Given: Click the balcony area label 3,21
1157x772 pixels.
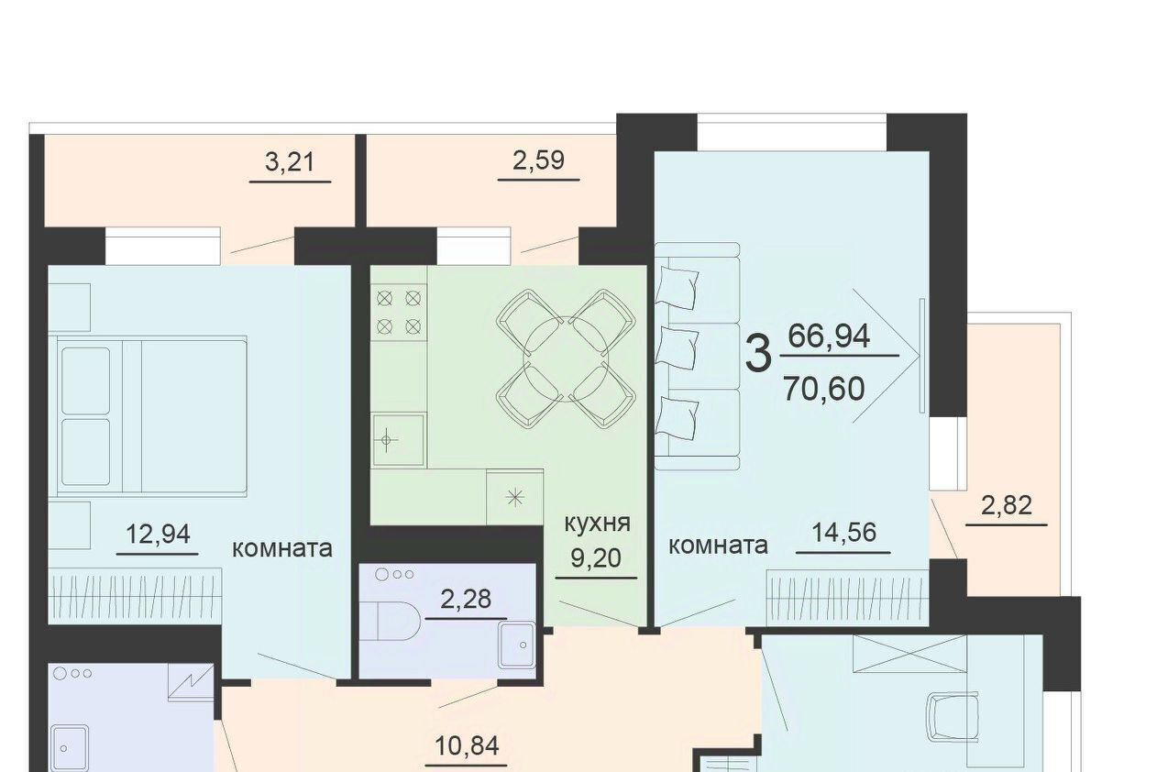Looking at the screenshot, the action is (290, 161).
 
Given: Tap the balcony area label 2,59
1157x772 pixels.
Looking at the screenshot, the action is (538, 160).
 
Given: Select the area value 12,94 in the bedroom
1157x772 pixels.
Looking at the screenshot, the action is (158, 534).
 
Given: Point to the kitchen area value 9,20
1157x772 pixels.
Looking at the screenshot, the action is (596, 557).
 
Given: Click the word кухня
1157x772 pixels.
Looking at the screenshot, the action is (597, 524).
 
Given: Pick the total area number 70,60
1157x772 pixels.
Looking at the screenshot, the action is (824, 389).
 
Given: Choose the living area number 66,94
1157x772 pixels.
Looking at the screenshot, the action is (829, 336).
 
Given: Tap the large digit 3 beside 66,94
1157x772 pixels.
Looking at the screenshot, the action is (758, 354).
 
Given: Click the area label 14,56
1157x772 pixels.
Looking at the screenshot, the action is (844, 532).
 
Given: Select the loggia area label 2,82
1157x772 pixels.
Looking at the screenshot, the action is (1006, 505).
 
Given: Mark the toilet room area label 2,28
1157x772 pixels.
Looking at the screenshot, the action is (466, 599).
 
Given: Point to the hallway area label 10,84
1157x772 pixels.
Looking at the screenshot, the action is (467, 745).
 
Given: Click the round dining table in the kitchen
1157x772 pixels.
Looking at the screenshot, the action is (566, 358).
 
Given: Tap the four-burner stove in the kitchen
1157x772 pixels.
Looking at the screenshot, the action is (399, 313).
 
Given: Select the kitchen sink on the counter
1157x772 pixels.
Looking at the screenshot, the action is (399, 440).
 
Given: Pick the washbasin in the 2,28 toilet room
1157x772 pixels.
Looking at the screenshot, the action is (517, 645).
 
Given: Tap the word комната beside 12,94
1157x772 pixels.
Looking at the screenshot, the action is (282, 549).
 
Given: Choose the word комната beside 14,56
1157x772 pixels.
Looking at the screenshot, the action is (718, 546).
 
